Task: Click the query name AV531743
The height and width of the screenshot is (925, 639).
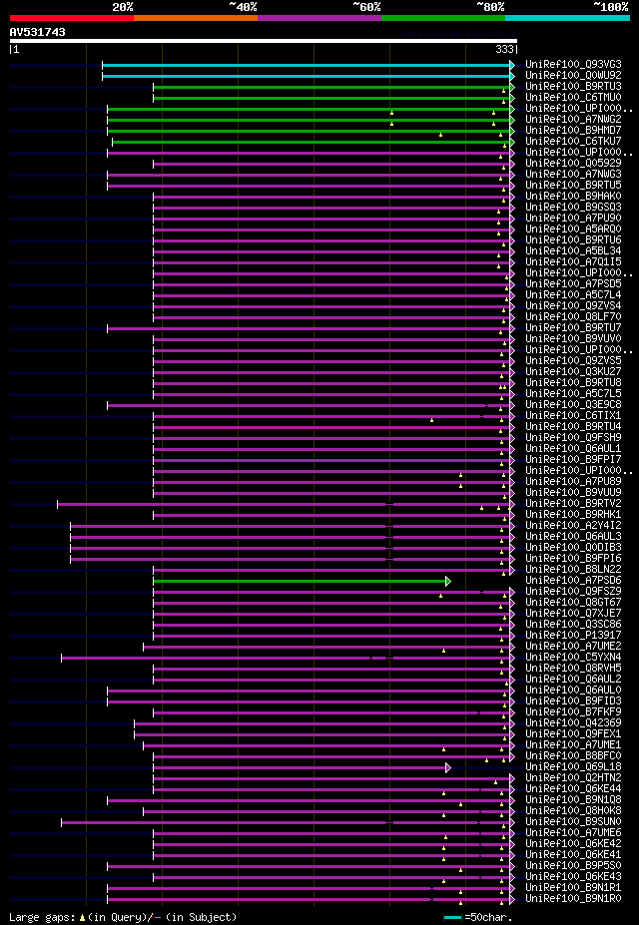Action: [x=38, y=32]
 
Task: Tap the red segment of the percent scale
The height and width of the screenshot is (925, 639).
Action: [x=71, y=18]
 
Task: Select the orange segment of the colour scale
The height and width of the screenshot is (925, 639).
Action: [x=195, y=18]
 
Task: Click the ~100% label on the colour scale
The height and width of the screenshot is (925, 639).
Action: [x=610, y=6]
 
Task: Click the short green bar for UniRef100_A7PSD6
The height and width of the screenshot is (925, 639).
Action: [x=300, y=581]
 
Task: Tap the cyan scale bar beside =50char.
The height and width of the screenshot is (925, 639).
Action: [x=452, y=916]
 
